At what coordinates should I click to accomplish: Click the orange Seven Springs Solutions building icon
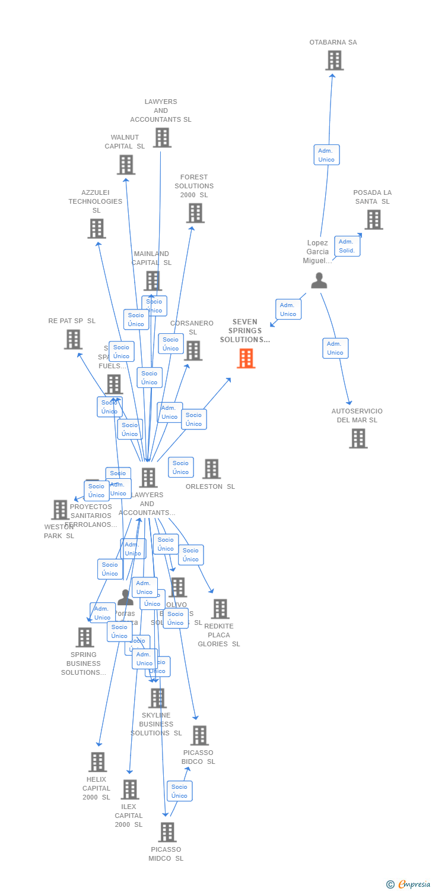[246, 358]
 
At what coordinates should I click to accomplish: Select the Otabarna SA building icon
[334, 60]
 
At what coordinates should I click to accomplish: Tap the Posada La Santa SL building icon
[373, 220]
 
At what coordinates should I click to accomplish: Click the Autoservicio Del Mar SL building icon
[358, 438]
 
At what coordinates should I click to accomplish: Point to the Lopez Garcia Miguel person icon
[319, 280]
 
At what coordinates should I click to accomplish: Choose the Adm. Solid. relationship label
[347, 246]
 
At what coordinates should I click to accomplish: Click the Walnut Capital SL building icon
[126, 165]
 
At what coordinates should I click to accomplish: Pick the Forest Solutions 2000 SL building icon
[195, 213]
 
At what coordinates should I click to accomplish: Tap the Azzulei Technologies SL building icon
[97, 228]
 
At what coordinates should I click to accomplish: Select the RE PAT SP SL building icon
[73, 339]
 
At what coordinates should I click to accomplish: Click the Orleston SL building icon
[211, 469]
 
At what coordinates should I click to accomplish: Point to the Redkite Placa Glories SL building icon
[220, 609]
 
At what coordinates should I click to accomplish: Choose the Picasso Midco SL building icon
[167, 832]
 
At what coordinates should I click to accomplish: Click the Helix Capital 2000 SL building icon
[97, 762]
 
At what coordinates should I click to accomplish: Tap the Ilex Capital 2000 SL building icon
[130, 789]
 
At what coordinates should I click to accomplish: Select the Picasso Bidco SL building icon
[199, 735]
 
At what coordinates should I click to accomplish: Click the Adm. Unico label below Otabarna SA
[326, 155]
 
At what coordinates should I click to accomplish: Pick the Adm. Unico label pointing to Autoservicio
[335, 348]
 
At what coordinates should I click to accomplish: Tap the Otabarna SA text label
[333, 42]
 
